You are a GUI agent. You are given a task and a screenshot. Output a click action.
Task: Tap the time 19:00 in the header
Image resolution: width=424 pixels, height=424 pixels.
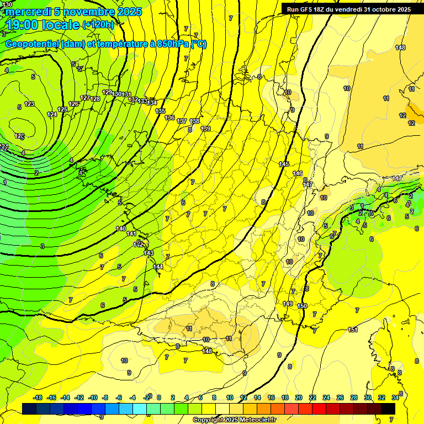pyautogui.click(x=24, y=25)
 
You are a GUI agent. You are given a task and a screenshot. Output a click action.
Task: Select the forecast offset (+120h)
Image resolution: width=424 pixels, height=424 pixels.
pyautogui.click(x=98, y=25)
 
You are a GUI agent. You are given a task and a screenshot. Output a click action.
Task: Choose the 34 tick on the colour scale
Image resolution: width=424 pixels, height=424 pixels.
pyautogui.click(x=395, y=397)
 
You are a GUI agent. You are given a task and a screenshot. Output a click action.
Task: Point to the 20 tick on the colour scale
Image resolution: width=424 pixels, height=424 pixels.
pyautogui.click(x=299, y=397)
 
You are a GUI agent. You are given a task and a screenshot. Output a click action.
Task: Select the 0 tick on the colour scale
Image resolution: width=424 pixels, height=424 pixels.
pyautogui.click(x=158, y=397)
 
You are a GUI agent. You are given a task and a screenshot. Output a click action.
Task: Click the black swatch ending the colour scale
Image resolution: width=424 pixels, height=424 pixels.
pyautogui.click(x=388, y=409)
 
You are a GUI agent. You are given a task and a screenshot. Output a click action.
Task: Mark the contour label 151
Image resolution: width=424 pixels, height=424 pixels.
pyautogui.click(x=353, y=330)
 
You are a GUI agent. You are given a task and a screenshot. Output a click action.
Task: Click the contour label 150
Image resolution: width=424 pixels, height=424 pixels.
pyautogui.click(x=302, y=306)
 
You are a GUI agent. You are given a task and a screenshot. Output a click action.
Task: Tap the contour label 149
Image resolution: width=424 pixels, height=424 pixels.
pyautogui.click(x=288, y=304)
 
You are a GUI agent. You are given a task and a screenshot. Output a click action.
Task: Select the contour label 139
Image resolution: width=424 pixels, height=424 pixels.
pyautogui.click(x=205, y=129)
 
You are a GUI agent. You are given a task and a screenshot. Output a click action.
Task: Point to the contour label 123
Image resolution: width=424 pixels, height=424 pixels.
pyautogui.click(x=29, y=104)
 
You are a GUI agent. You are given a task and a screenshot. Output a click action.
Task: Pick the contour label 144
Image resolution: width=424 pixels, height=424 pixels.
pyautogui.click(x=158, y=267)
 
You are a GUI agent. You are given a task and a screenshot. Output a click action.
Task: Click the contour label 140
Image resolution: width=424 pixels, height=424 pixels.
pyautogui.click(x=121, y=229)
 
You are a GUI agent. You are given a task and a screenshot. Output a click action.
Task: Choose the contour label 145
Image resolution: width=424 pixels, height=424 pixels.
pyautogui.click(x=284, y=164)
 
